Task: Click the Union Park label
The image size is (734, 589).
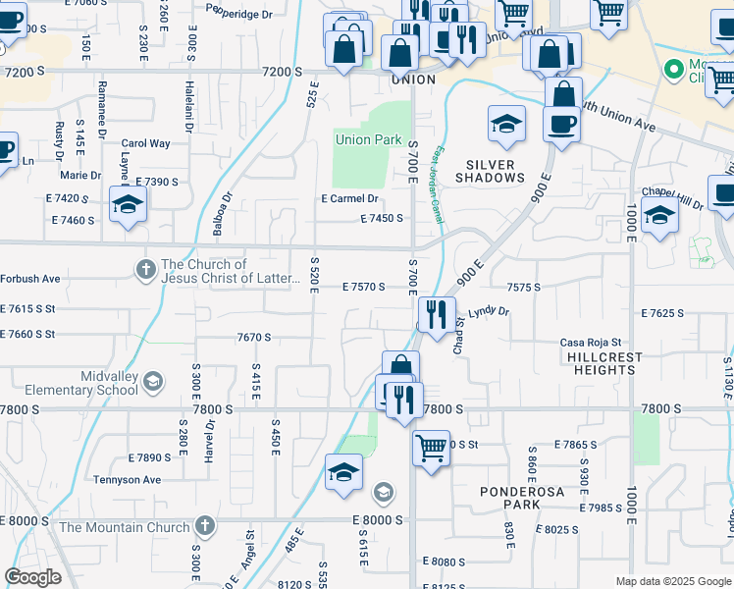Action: [368, 140]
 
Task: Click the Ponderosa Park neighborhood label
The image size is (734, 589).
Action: [509, 497]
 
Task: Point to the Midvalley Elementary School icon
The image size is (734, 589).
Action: [152, 381]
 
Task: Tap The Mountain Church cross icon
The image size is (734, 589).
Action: [204, 526]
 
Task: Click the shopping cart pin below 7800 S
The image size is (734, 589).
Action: [430, 449]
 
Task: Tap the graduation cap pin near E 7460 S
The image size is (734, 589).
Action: [127, 203]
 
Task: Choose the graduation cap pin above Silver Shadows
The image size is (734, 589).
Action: [506, 123]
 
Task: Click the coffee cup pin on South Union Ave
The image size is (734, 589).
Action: [561, 124]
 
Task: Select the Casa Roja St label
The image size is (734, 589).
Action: [586, 343]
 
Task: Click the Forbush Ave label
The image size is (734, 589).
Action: [30, 279]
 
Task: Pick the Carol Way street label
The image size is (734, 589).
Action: [146, 143]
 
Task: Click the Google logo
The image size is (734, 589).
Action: [32, 577]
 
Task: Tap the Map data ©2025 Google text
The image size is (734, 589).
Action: [672, 581]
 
